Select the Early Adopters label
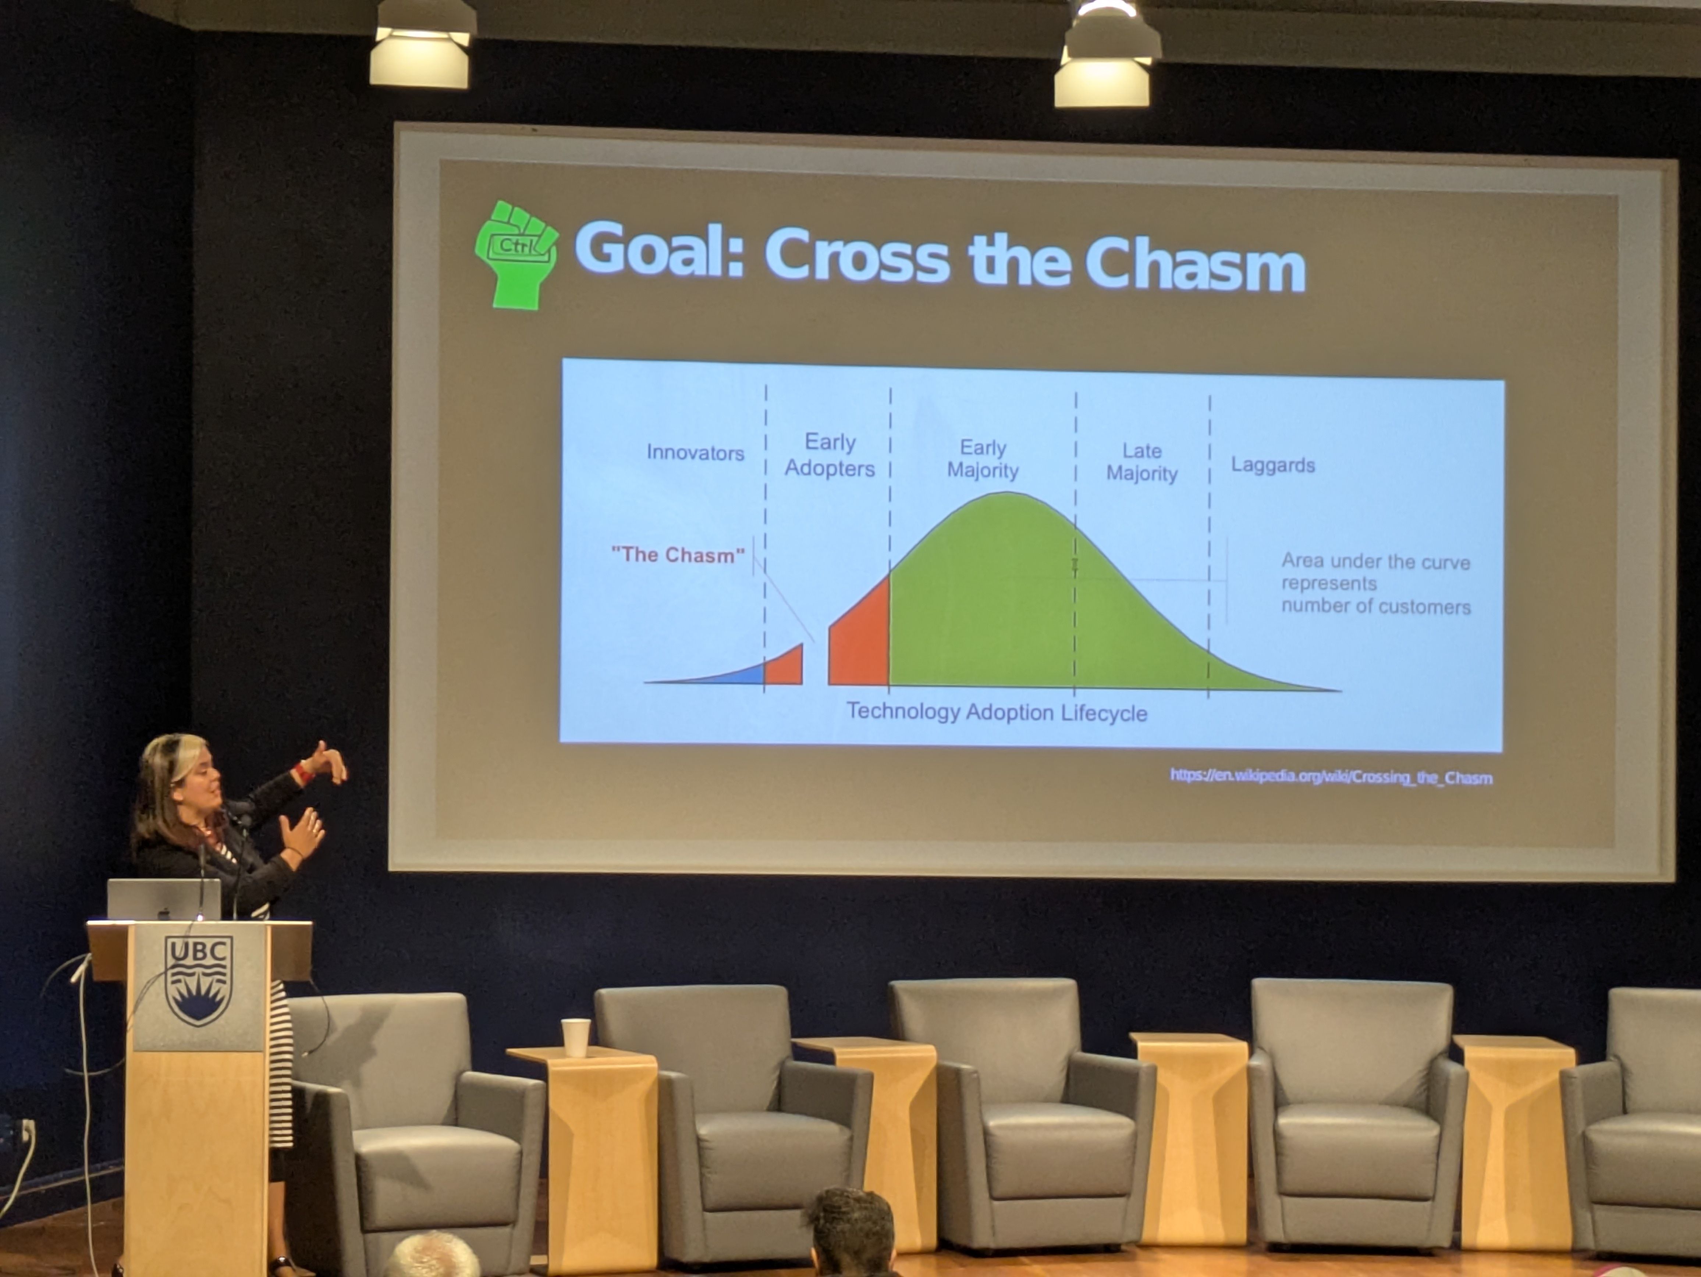[x=830, y=455]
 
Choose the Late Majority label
[x=1142, y=462]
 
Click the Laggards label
[x=1273, y=465]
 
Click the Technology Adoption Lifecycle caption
[x=997, y=712]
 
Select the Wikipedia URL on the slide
[x=1331, y=776]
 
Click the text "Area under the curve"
[x=1376, y=561]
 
